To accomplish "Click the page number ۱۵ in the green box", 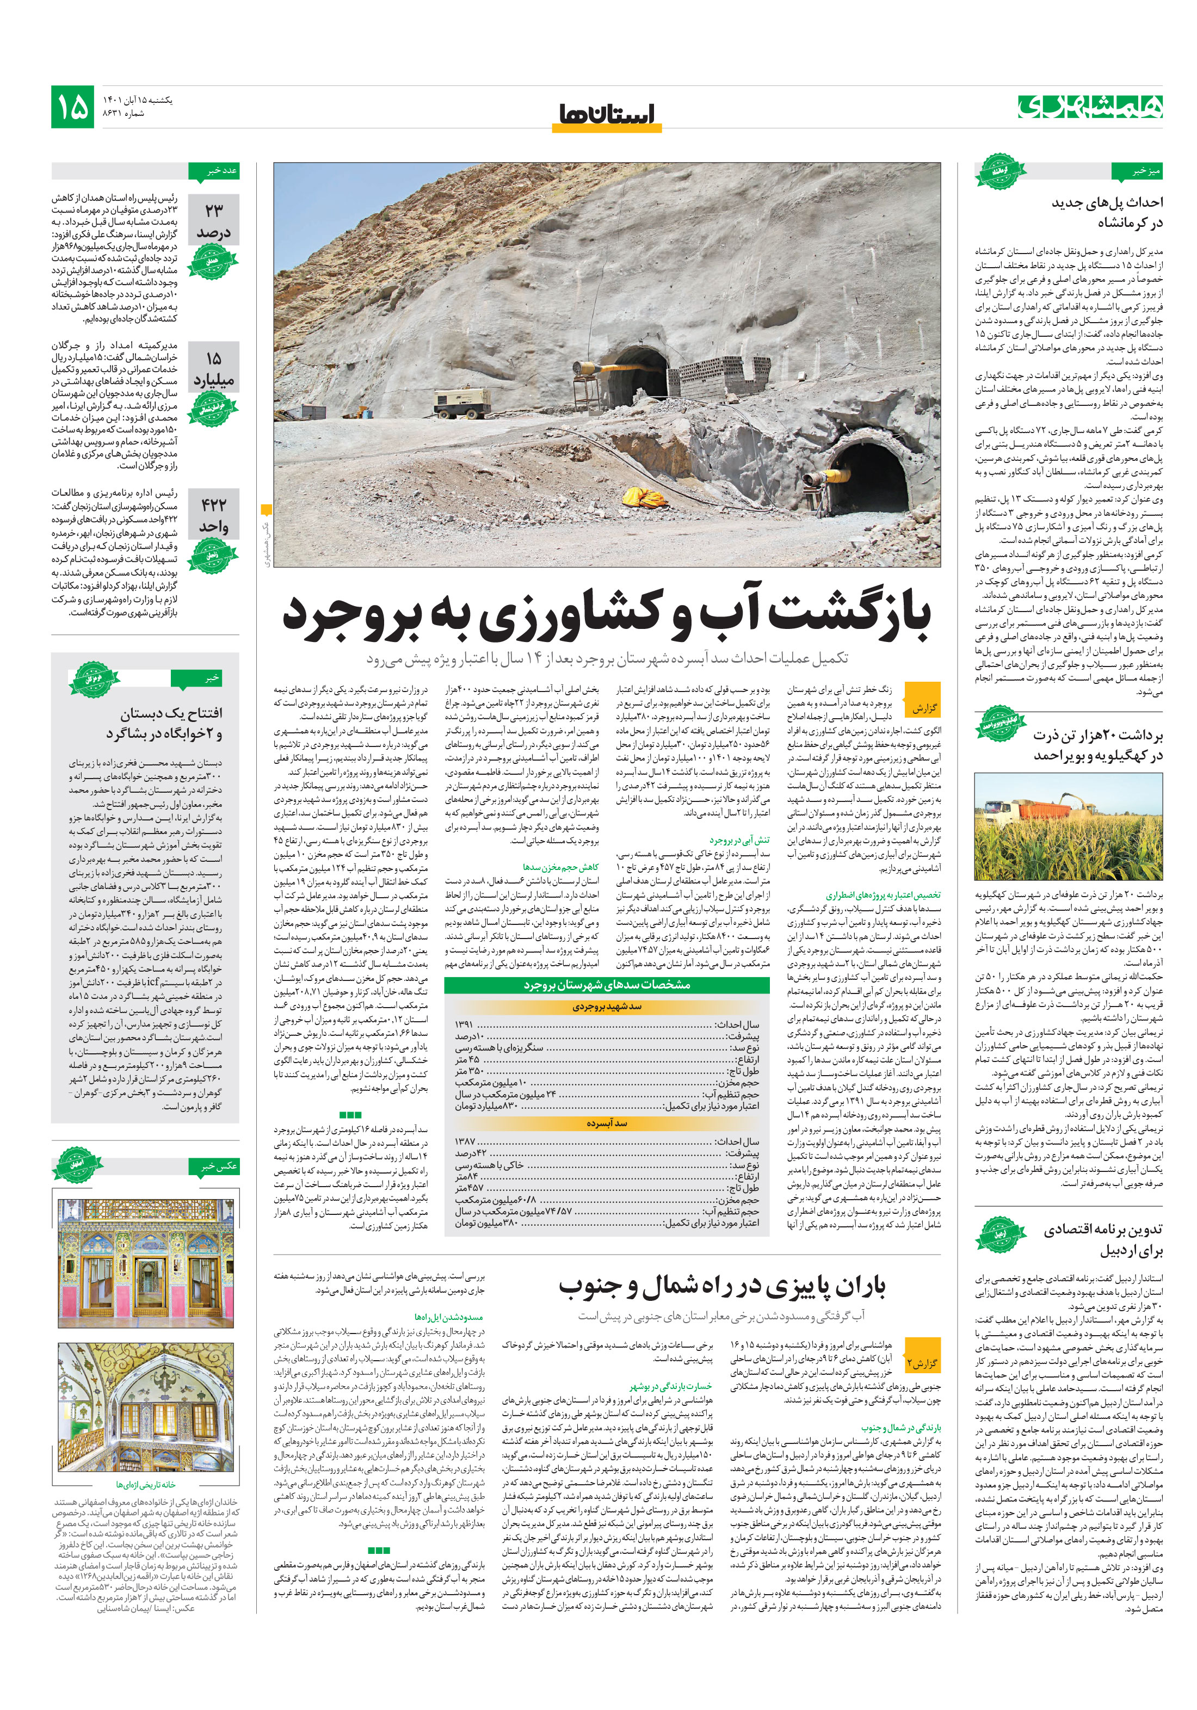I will (72, 107).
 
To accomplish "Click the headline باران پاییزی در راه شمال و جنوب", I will (722, 1287).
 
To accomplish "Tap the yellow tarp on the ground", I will (642, 495).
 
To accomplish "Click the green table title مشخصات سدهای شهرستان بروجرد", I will (606, 985).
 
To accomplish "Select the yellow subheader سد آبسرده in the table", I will (606, 1123).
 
